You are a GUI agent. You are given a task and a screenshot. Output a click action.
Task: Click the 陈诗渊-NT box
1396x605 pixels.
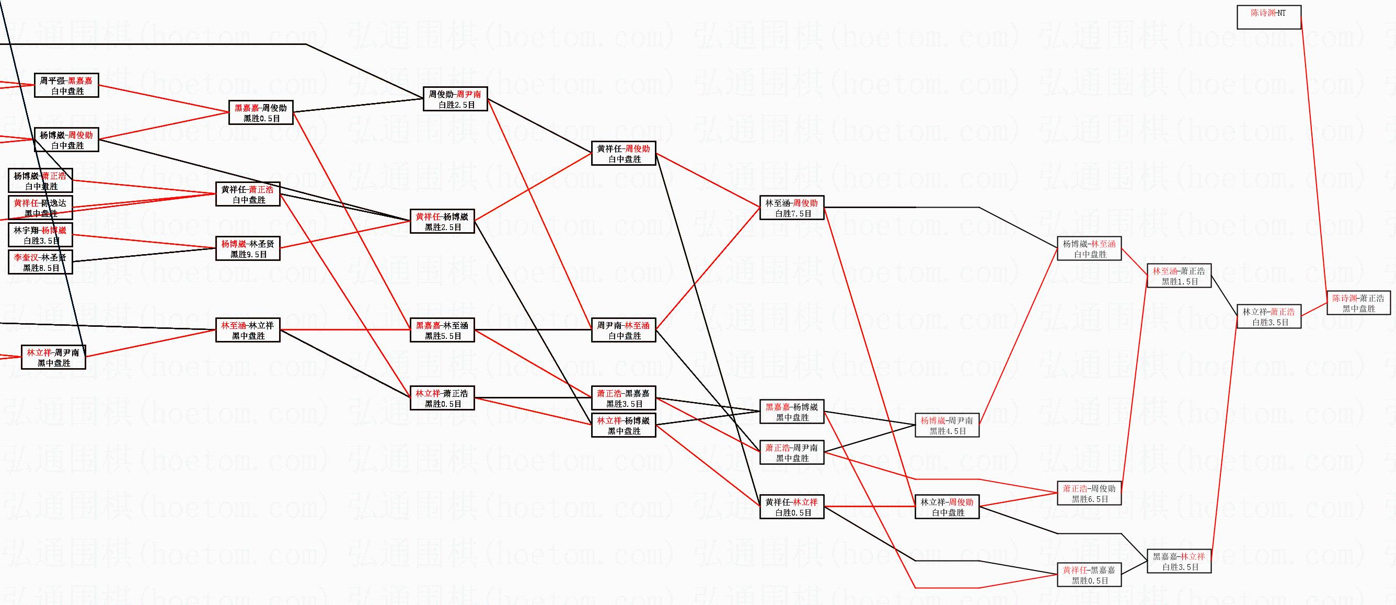[1268, 17]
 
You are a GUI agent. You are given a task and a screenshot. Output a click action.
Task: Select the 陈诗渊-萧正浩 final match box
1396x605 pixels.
[1358, 303]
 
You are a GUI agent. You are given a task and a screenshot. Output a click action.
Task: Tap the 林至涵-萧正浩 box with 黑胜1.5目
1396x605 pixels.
[1179, 276]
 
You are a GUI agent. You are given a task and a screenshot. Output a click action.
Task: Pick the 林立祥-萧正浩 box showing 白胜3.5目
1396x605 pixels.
[1268, 316]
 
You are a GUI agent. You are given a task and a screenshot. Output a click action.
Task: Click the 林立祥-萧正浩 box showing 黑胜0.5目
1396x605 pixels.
[442, 398]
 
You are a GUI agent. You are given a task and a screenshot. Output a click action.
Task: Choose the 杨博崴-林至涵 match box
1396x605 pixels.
[1089, 249]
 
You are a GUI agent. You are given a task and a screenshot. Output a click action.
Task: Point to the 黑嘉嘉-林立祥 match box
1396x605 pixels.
[1179, 561]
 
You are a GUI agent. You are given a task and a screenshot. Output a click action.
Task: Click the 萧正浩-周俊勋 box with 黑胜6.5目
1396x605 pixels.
[1089, 493]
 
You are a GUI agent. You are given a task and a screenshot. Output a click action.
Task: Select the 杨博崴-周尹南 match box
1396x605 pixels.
[947, 426]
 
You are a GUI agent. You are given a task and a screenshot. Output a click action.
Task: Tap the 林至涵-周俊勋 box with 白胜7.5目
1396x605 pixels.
[792, 208]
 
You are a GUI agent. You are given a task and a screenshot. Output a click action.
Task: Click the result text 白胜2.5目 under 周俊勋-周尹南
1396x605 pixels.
[456, 105]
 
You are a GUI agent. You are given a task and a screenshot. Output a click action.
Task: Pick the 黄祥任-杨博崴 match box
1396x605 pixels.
[442, 222]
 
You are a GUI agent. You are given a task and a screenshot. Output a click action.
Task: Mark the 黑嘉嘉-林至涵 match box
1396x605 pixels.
[442, 330]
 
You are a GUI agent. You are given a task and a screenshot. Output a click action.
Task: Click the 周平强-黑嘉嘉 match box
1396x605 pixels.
[66, 86]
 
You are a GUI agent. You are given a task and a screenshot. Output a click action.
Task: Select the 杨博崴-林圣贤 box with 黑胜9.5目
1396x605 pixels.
[248, 249]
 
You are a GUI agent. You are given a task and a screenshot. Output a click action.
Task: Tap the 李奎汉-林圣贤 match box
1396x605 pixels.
[40, 262]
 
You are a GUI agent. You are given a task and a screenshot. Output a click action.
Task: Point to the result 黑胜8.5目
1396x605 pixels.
[40, 268]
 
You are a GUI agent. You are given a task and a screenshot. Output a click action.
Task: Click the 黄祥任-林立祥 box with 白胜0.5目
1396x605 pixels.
[792, 507]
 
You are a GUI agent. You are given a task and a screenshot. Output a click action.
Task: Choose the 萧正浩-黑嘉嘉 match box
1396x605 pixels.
[623, 398]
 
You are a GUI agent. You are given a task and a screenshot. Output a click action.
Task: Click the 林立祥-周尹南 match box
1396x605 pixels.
[53, 357]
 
